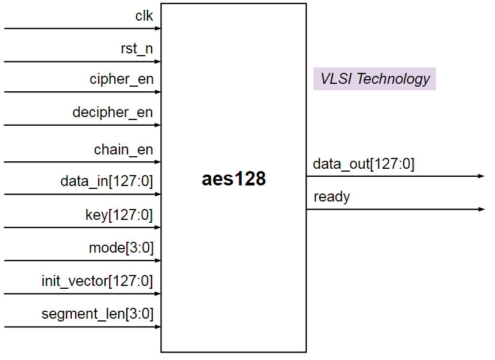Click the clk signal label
tap(144, 16)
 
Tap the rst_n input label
tap(137, 49)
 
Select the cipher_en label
tap(121, 79)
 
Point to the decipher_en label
tap(113, 112)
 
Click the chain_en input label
tap(123, 150)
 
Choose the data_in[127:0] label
tap(106, 182)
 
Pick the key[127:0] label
tap(119, 215)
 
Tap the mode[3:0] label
tap(121, 248)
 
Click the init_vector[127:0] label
tap(97, 281)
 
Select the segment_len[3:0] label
tap(97, 314)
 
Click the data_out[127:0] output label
tap(363, 164)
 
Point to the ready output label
tap(331, 198)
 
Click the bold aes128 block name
tap(233, 179)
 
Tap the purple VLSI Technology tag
tap(374, 79)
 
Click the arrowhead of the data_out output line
tap(481, 176)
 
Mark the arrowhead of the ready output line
tap(481, 210)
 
